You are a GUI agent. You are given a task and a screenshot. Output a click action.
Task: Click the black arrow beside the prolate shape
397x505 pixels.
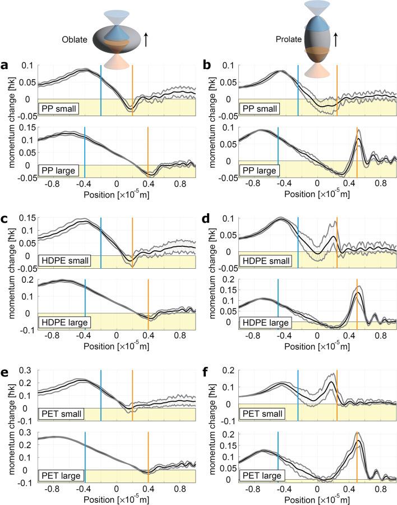(335, 39)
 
